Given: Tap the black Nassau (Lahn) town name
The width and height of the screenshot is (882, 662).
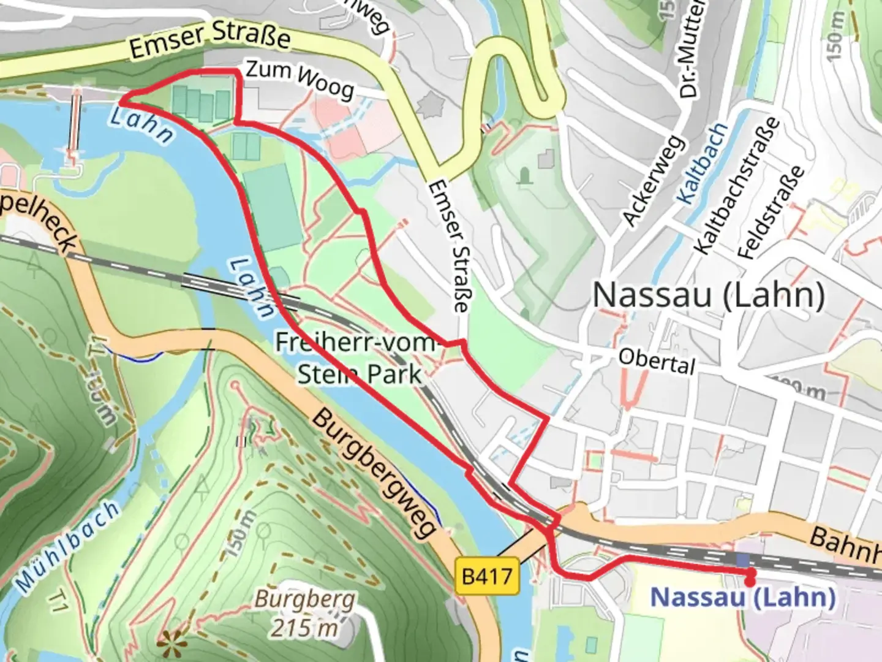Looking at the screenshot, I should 709,295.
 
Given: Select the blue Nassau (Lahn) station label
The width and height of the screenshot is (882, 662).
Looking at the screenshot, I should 742,596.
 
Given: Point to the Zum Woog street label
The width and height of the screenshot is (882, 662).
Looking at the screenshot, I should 300,80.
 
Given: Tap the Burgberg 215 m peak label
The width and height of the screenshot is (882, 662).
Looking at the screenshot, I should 305,612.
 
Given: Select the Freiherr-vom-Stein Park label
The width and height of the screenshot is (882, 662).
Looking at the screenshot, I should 358,358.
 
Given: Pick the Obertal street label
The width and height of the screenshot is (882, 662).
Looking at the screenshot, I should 657,362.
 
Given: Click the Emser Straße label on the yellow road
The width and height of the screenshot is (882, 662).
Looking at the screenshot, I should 210,42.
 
